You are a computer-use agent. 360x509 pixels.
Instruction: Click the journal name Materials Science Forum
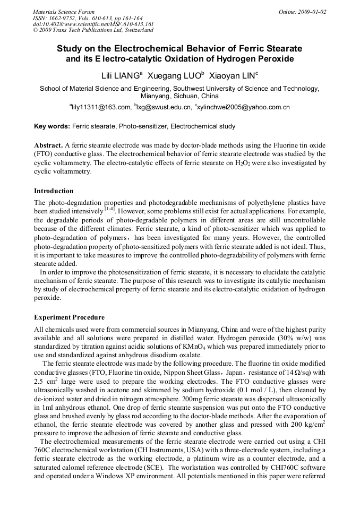click(x=64, y=12)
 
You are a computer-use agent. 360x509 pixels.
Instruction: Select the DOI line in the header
click(x=93, y=24)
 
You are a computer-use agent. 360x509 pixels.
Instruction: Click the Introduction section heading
click(x=54, y=191)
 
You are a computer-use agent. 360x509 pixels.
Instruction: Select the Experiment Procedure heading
click(x=69, y=317)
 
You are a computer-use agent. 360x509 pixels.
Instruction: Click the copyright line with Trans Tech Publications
click(x=93, y=31)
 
